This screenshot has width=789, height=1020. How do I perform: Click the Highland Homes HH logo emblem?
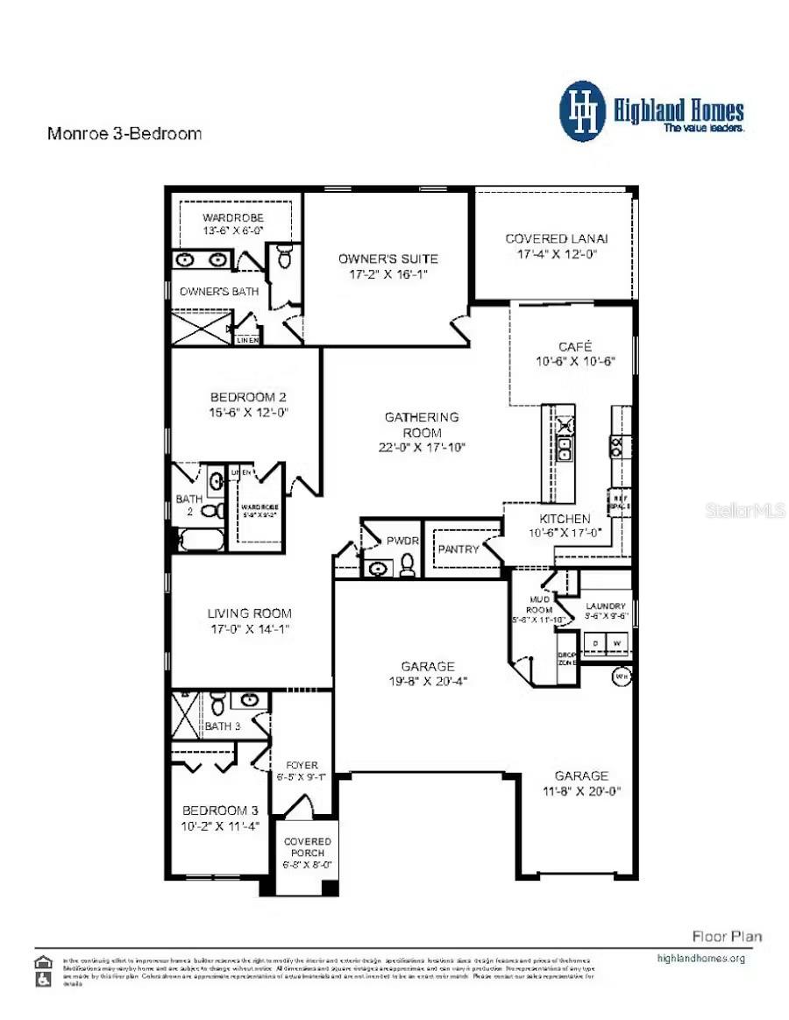[x=583, y=111]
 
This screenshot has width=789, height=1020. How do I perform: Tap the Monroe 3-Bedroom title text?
[x=124, y=134]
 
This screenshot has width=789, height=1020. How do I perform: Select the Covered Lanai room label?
[x=556, y=238]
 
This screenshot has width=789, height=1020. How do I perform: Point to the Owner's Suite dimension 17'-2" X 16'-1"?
[x=388, y=274]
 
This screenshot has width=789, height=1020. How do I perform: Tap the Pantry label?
[x=458, y=549]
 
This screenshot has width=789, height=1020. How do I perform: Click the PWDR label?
[x=402, y=541]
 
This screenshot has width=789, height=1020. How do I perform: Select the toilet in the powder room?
[x=407, y=567]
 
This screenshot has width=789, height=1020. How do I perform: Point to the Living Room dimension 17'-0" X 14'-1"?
[x=249, y=629]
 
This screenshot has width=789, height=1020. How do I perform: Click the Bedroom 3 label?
[x=220, y=811]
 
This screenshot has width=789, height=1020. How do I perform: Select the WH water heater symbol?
[x=622, y=676]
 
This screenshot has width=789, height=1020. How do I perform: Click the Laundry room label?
[x=606, y=606]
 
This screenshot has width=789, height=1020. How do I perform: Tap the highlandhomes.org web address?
[x=700, y=958]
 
